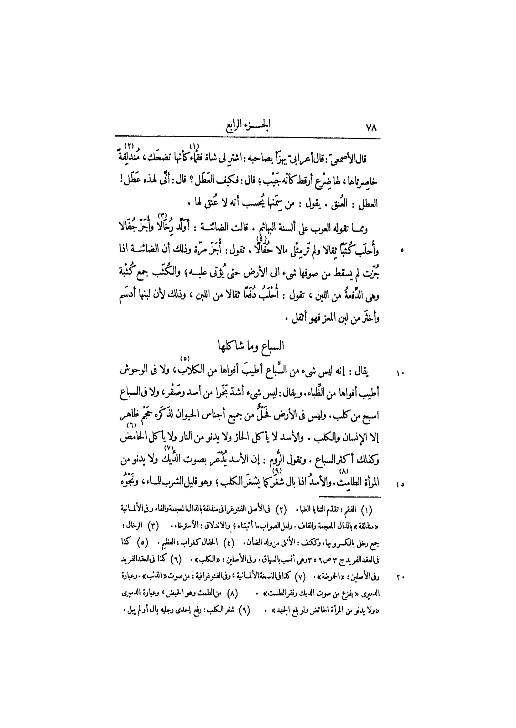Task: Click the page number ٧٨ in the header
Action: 371,128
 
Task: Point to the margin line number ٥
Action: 402,251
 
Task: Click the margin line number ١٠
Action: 399,373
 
